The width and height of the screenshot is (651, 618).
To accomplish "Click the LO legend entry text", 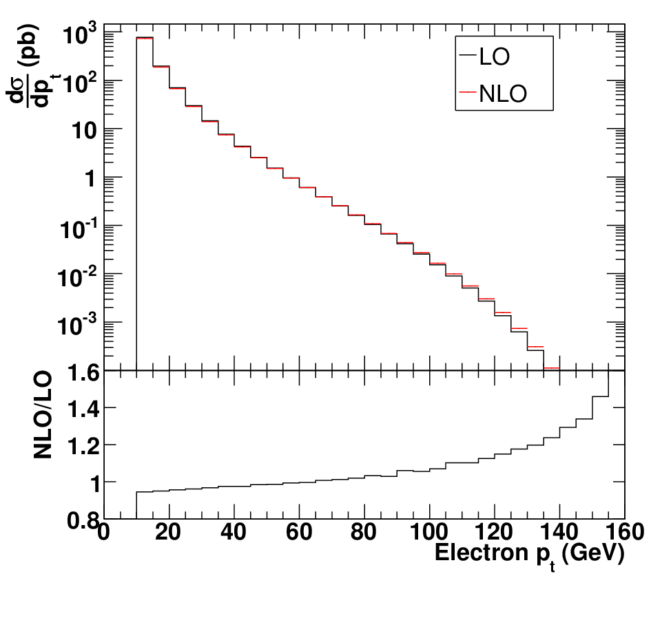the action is click(495, 56).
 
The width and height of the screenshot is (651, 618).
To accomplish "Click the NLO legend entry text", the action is click(503, 94).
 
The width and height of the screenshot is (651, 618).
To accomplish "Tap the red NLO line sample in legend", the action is click(468, 92).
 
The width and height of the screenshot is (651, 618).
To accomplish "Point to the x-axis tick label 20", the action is click(168, 531).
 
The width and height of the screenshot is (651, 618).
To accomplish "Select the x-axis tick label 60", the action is click(298, 531).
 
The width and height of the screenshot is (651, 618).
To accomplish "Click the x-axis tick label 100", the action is click(429, 531).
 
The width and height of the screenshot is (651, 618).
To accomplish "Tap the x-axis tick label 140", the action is click(559, 531).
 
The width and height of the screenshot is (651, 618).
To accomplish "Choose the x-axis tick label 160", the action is click(625, 531).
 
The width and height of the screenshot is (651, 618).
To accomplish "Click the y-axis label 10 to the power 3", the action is click(79, 33).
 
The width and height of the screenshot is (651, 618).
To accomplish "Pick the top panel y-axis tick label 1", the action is click(90, 179).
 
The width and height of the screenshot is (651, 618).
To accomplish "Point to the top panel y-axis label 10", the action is click(84, 131).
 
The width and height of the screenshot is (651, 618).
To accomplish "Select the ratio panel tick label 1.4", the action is click(83, 409).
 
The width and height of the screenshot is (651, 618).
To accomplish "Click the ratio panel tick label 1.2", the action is click(83, 447).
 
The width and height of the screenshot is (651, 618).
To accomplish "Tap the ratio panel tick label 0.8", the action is click(83, 520).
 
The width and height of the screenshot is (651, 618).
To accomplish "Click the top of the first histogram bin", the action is click(145, 38).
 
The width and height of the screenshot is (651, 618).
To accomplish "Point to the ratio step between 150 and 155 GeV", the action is click(600, 396).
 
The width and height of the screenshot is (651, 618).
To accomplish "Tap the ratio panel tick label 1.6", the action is click(83, 373).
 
